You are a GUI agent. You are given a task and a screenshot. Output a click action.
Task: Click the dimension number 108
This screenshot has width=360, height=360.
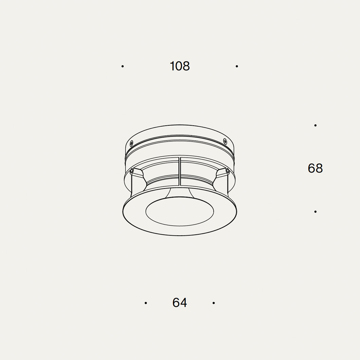pyautogui.click(x=180, y=66)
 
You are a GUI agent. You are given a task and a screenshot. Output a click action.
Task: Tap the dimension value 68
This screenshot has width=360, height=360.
pyautogui.click(x=315, y=168)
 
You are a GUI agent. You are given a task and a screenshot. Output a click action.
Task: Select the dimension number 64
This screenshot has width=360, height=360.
pyautogui.click(x=180, y=303)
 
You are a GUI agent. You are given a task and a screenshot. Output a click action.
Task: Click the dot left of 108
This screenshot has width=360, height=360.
pyautogui.click(x=123, y=66)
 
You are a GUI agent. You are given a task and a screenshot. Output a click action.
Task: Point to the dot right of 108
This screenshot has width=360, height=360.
pyautogui.click(x=237, y=66)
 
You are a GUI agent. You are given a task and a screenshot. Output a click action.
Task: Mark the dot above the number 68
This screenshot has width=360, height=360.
pyautogui.click(x=316, y=125)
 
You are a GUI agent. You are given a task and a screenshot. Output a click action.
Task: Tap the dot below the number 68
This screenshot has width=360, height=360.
pyautogui.click(x=316, y=212)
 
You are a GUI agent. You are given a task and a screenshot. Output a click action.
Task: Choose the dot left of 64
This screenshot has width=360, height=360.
pyautogui.click(x=146, y=303)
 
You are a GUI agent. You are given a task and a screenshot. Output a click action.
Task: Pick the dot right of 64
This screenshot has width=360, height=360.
pyautogui.click(x=214, y=303)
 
